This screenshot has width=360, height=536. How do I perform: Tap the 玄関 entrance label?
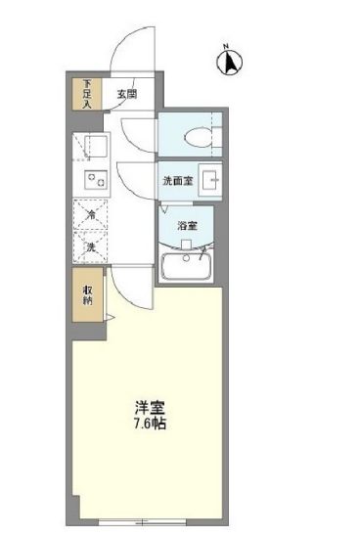click(x=126, y=95)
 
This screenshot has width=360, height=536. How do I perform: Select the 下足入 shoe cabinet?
click(x=88, y=92)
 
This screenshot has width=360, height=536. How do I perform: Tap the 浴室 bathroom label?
click(x=187, y=226)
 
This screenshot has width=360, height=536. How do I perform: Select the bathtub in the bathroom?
click(x=187, y=265)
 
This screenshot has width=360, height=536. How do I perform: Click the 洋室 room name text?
click(x=148, y=407)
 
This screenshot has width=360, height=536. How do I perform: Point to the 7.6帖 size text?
click(x=148, y=426)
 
